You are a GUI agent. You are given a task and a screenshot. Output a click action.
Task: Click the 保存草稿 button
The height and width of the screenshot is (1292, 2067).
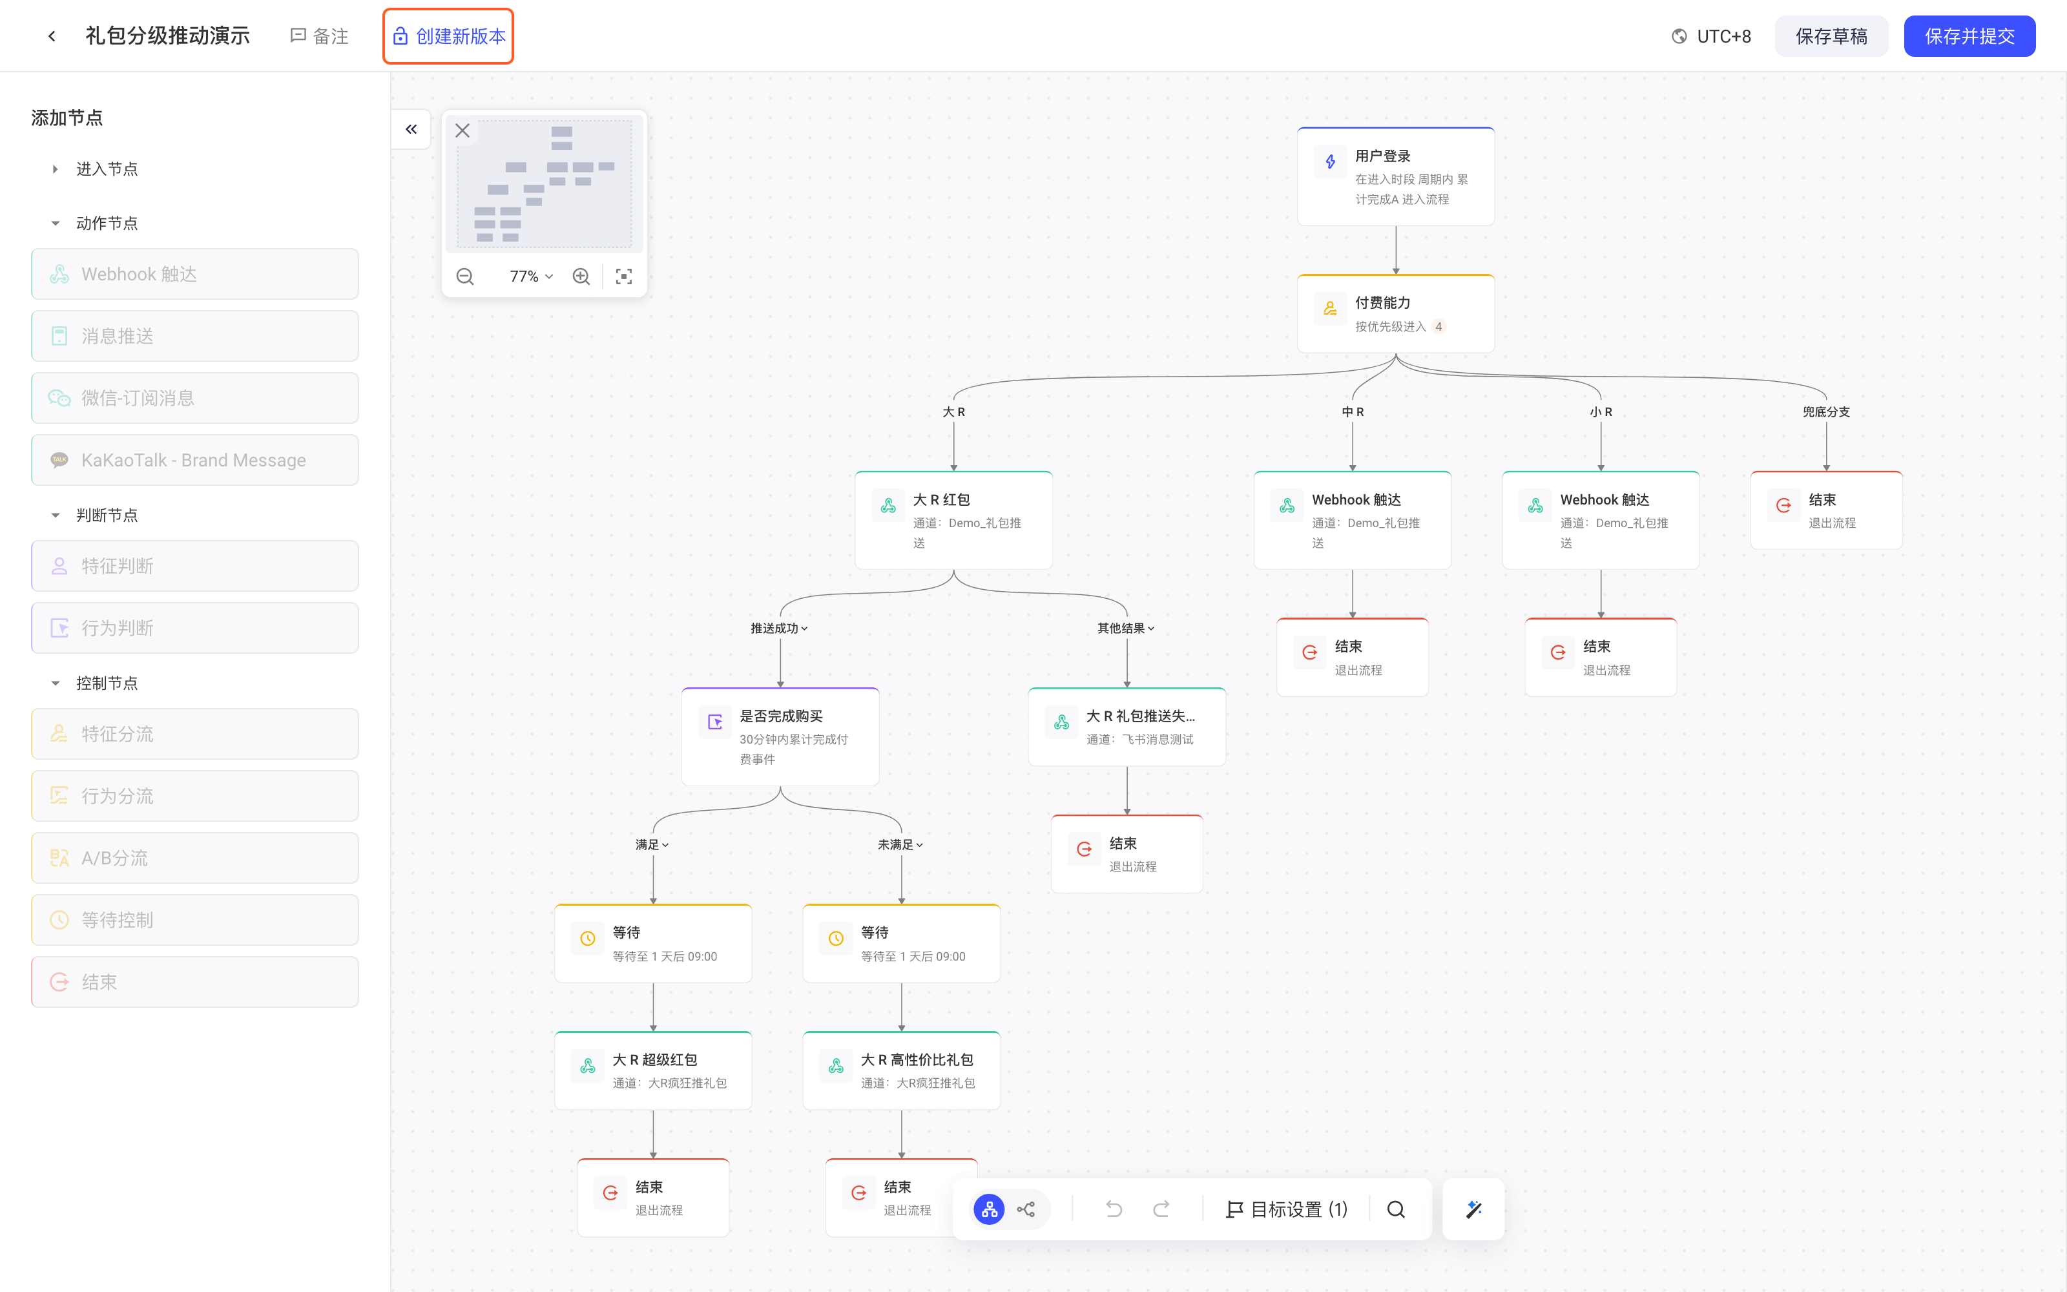pyautogui.click(x=1831, y=36)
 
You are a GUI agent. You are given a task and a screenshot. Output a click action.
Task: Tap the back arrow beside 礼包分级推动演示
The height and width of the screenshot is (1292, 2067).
pyautogui.click(x=52, y=36)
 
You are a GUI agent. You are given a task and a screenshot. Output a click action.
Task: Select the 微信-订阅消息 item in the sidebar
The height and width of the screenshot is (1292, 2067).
pyautogui.click(x=194, y=398)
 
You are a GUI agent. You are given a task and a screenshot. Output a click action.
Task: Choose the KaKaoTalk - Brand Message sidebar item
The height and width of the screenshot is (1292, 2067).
pyautogui.click(x=194, y=460)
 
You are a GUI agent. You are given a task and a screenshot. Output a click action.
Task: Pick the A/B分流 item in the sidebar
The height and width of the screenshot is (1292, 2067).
pyautogui.click(x=194, y=858)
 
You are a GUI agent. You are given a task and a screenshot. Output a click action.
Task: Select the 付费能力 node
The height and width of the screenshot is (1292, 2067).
pyautogui.click(x=1396, y=313)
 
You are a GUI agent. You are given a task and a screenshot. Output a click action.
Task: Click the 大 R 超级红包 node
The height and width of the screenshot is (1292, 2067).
pyautogui.click(x=654, y=1070)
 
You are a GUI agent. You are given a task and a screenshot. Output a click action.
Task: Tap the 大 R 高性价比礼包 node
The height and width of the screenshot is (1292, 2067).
pyautogui.click(x=901, y=1070)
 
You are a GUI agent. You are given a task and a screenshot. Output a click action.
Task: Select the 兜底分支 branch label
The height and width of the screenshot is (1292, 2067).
pyautogui.click(x=1826, y=412)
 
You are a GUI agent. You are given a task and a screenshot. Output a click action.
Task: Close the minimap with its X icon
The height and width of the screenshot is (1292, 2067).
pyautogui.click(x=462, y=130)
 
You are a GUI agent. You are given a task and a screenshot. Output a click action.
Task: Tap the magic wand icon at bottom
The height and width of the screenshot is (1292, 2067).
pyautogui.click(x=1473, y=1209)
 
